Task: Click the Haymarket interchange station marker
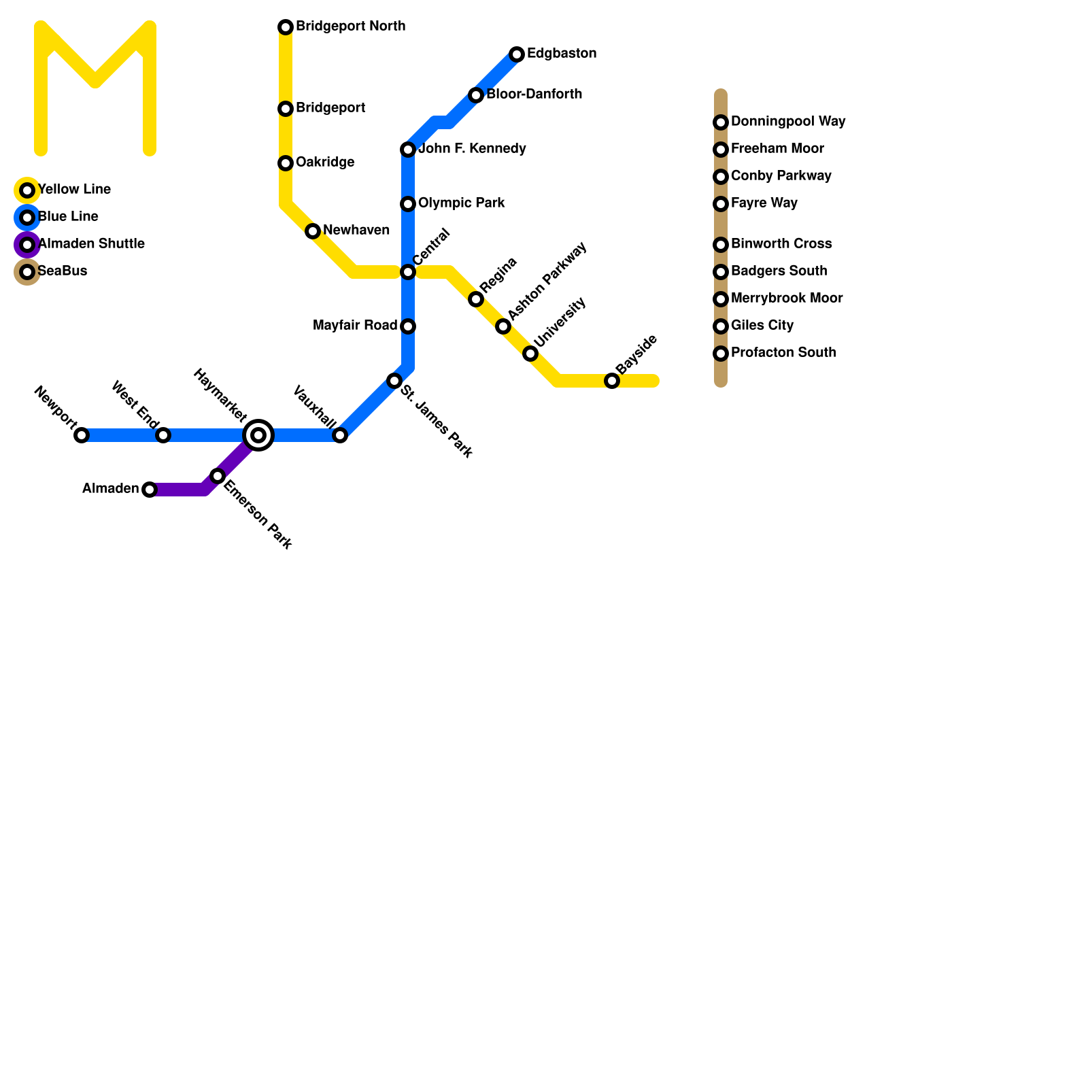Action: (x=258, y=435)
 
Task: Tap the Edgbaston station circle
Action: (x=517, y=54)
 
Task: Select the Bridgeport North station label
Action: (x=350, y=27)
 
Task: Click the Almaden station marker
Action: (x=150, y=490)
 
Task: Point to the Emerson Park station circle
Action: (x=218, y=476)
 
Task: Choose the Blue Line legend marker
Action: (x=27, y=218)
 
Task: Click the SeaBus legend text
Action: (x=63, y=271)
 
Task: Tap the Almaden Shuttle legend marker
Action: (x=27, y=245)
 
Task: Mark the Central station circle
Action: (x=408, y=272)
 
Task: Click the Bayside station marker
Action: (x=612, y=381)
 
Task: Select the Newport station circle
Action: (x=82, y=435)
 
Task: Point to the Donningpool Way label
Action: (x=788, y=122)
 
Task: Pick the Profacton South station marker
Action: (x=721, y=354)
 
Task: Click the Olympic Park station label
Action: (x=461, y=203)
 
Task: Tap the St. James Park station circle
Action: (x=394, y=381)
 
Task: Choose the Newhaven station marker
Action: (x=313, y=231)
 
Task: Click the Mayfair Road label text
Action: (x=355, y=326)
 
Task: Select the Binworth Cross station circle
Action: (x=721, y=245)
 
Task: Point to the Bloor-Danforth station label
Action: (x=534, y=95)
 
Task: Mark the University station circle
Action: (x=530, y=354)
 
